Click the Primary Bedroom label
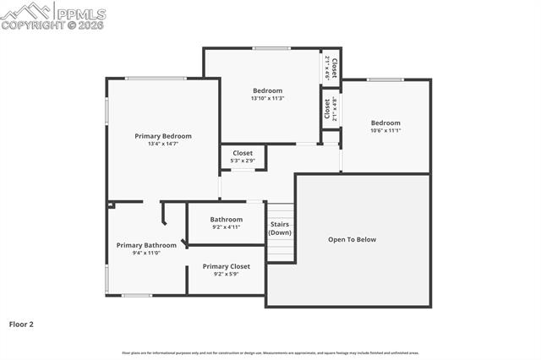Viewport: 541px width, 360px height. tap(163, 136)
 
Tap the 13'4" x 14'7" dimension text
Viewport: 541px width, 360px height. tap(163, 144)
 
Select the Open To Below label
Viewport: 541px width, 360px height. tap(352, 239)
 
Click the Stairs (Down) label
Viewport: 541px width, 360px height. tap(280, 228)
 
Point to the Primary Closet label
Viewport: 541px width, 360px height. tap(226, 266)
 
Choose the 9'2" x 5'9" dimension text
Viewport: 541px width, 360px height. tap(226, 274)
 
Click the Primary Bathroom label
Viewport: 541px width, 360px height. tap(146, 245)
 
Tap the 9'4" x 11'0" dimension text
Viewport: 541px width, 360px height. tap(146, 253)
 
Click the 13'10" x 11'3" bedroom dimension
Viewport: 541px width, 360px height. tap(267, 98)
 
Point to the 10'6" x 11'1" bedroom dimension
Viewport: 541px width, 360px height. tap(385, 130)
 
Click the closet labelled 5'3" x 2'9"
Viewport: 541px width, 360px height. tap(243, 156)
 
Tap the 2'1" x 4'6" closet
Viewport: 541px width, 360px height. tap(331, 68)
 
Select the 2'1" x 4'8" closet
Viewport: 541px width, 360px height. tap(331, 110)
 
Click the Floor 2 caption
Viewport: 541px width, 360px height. tap(21, 324)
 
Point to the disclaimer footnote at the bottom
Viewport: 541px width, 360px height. tap(270, 352)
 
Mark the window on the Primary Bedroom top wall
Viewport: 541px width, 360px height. tap(156, 79)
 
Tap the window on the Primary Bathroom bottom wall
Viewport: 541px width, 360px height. tap(137, 295)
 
